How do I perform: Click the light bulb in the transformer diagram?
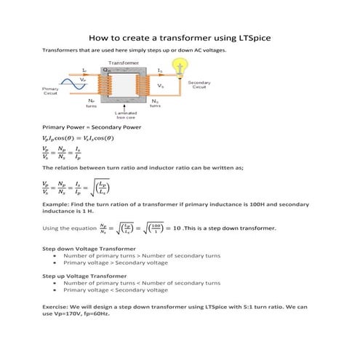[x=176, y=67]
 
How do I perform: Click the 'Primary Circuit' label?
[x=51, y=91]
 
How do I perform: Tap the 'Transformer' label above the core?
[x=124, y=63]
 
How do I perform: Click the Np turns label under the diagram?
[x=91, y=103]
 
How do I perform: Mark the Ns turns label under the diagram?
[x=155, y=103]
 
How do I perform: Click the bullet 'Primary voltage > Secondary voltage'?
[x=116, y=263]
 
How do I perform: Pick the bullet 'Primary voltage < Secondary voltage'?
[x=116, y=289]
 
